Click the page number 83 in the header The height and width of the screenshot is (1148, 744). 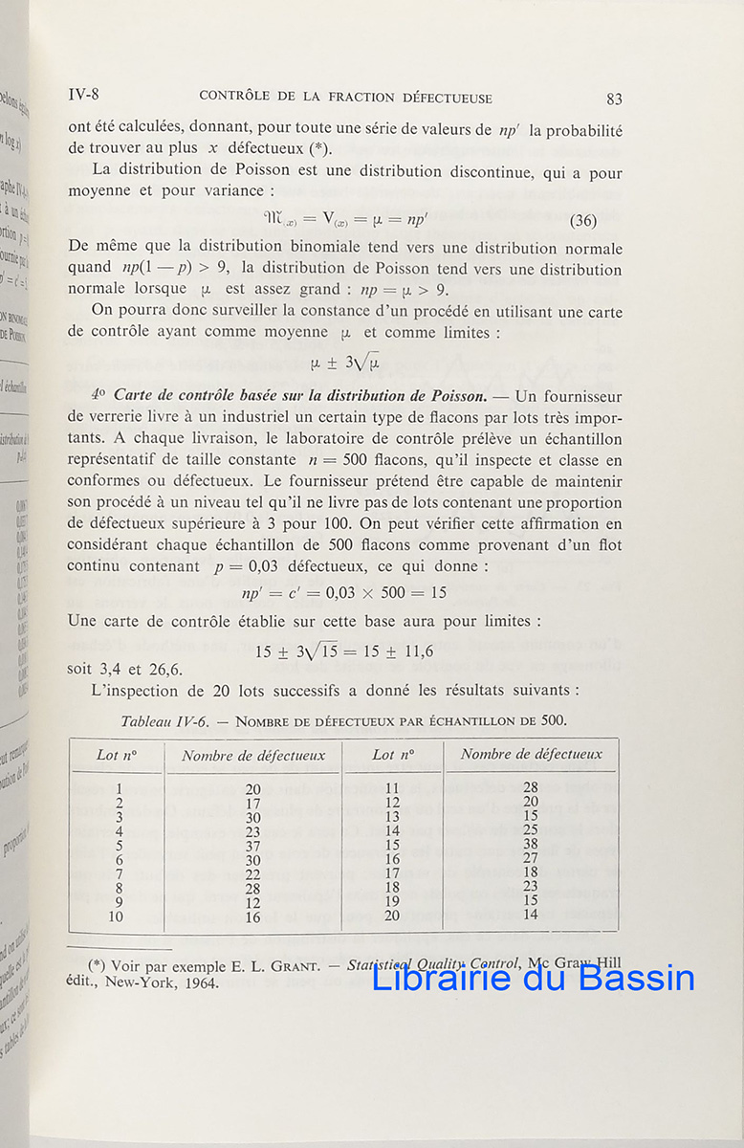[x=614, y=99]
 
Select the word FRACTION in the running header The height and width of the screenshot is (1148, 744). [x=361, y=98]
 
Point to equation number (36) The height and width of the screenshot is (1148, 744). [x=582, y=221]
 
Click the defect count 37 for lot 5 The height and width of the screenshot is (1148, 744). [x=253, y=845]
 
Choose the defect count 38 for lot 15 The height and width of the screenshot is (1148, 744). [x=531, y=845]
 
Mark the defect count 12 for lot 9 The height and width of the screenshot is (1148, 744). [x=253, y=902]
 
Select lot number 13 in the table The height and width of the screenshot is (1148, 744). [x=392, y=816]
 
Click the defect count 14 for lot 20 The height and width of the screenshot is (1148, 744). [x=531, y=916]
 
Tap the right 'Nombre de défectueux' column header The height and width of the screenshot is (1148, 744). [x=531, y=754]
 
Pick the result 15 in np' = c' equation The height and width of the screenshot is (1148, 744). [x=438, y=592]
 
